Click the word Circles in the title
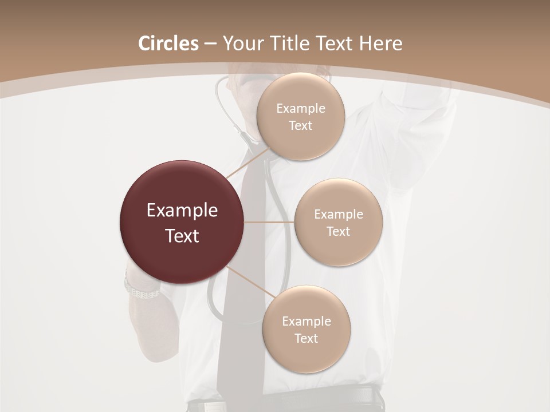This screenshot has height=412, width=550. pos(168,43)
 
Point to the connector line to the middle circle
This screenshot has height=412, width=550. pos(269,222)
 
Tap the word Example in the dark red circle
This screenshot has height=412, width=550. pos(182,211)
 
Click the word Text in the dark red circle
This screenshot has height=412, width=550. pos(182,236)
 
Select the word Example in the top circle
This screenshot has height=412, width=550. pos(301,109)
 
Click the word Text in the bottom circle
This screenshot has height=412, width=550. pos(306,338)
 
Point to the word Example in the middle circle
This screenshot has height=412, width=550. pos(339,215)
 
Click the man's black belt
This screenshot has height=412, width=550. pos(344,398)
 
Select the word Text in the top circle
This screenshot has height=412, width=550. pos(300,125)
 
